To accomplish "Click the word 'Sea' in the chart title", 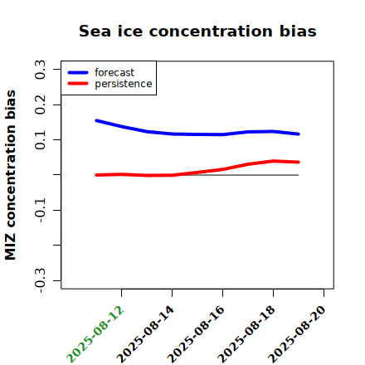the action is (x=95, y=31).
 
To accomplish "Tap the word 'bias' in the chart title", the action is (x=298, y=31).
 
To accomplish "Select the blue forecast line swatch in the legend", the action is (x=78, y=72).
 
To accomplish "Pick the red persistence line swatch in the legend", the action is (x=78, y=84).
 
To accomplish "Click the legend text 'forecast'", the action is (x=114, y=72).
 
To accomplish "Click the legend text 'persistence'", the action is (x=124, y=84).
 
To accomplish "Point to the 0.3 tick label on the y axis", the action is (x=41, y=70).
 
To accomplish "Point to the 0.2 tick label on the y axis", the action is (x=41, y=105).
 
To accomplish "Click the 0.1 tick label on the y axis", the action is (x=41, y=140).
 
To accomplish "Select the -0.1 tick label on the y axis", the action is (x=41, y=211).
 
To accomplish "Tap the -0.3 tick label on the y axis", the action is (x=41, y=280).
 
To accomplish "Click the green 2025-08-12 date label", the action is (x=95, y=334).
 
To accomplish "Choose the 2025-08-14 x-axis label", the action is (x=146, y=334).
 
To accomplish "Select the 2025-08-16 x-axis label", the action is (x=197, y=334).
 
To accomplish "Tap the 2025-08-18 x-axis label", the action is (x=247, y=334).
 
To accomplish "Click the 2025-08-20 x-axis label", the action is (x=298, y=334).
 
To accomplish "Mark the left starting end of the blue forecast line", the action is (x=96, y=120).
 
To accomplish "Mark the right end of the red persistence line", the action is (x=299, y=162).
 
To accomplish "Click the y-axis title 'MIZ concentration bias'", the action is (x=11, y=175).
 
